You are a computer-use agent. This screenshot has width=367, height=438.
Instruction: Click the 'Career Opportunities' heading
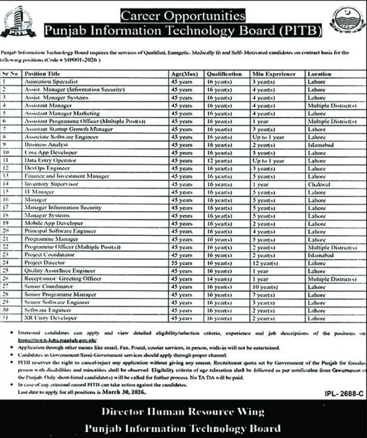pyautogui.click(x=183, y=15)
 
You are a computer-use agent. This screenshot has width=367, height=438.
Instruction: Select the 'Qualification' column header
pyautogui.click(x=223, y=73)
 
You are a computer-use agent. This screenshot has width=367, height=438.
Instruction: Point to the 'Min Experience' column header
pyautogui.click(x=274, y=73)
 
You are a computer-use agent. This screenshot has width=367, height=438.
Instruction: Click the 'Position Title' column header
pyautogui.click(x=42, y=73)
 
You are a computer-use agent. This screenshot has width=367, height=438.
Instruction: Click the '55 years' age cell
pyautogui.click(x=182, y=262)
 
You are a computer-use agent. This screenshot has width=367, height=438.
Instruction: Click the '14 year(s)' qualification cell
pyautogui.click(x=219, y=278)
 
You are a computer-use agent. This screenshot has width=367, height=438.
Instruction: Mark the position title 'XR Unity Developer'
pyautogui.click(x=50, y=318)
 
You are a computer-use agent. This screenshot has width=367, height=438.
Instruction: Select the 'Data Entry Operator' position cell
pyautogui.click(x=50, y=160)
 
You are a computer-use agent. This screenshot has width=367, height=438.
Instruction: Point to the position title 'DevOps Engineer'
pyautogui.click(x=44, y=168)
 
